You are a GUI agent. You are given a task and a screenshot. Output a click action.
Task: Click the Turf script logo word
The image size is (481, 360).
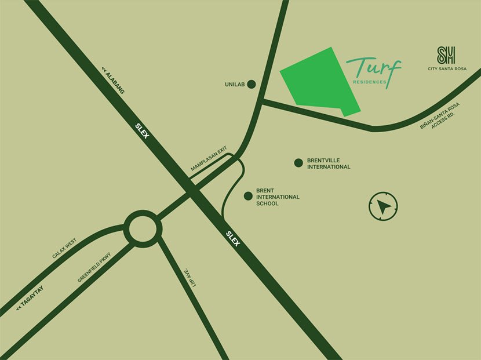coord(374,68)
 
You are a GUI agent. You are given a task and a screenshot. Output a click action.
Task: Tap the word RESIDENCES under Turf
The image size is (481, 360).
coord(369,82)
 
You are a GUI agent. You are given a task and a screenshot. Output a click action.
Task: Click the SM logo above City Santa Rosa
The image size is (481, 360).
coord(446,56)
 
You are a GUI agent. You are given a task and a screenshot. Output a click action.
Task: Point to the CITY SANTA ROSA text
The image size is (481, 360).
coord(447,69)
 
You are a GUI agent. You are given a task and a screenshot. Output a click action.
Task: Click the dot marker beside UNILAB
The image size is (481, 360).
coord(252,85)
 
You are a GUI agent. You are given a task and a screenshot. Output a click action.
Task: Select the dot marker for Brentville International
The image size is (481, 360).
coord(298,163)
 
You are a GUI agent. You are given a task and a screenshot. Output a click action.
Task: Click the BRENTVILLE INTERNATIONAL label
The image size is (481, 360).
coord(329,163)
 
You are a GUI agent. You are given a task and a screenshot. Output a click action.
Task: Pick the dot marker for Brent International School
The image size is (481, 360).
coord(248,197)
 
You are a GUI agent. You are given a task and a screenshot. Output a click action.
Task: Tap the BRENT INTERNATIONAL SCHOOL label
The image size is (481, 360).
coord(278,197)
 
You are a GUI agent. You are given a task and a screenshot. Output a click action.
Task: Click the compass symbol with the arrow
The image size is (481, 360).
coord(383,206)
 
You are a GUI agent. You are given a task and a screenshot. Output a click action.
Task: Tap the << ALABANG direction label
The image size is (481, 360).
coord(113,81)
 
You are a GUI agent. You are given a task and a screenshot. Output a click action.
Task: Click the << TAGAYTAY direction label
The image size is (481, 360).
coord(27,301)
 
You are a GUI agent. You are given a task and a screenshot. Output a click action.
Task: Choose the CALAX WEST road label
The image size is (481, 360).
coord(64,249)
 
